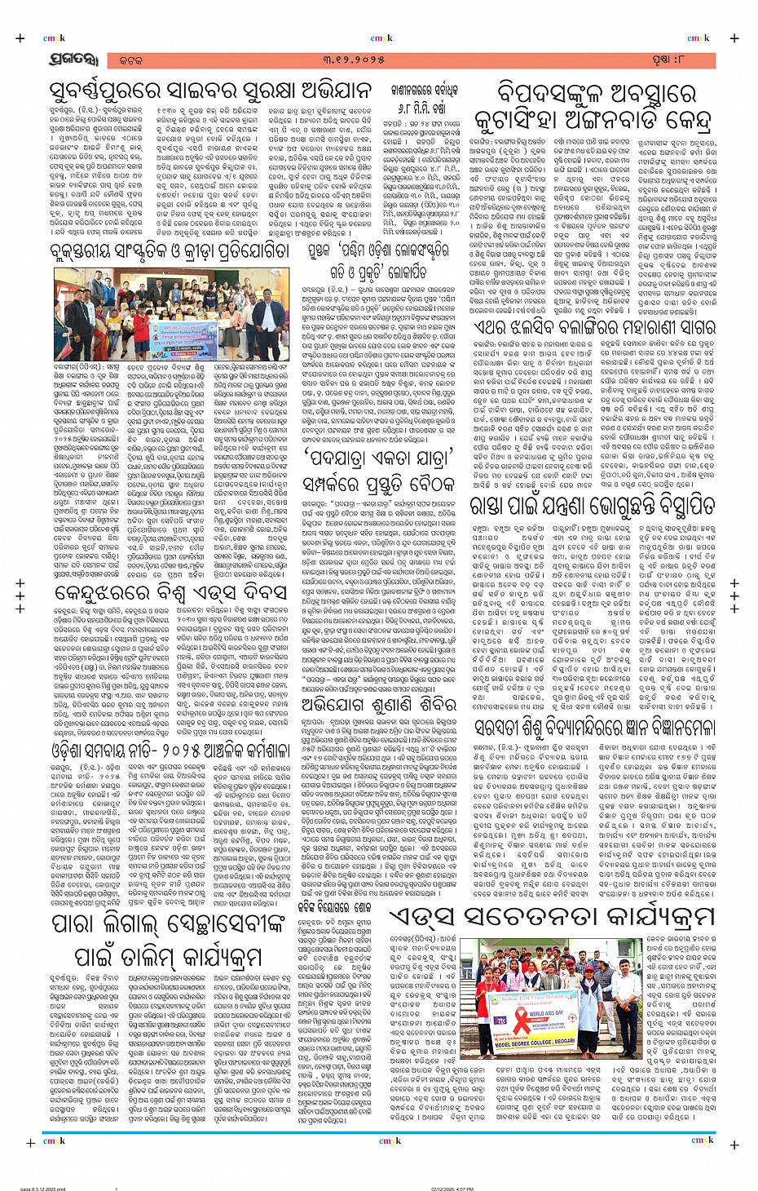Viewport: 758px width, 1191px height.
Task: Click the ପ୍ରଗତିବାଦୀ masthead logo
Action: (72, 60)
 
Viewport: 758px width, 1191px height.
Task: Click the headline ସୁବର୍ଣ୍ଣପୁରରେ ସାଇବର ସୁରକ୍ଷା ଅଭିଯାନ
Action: (209, 90)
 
